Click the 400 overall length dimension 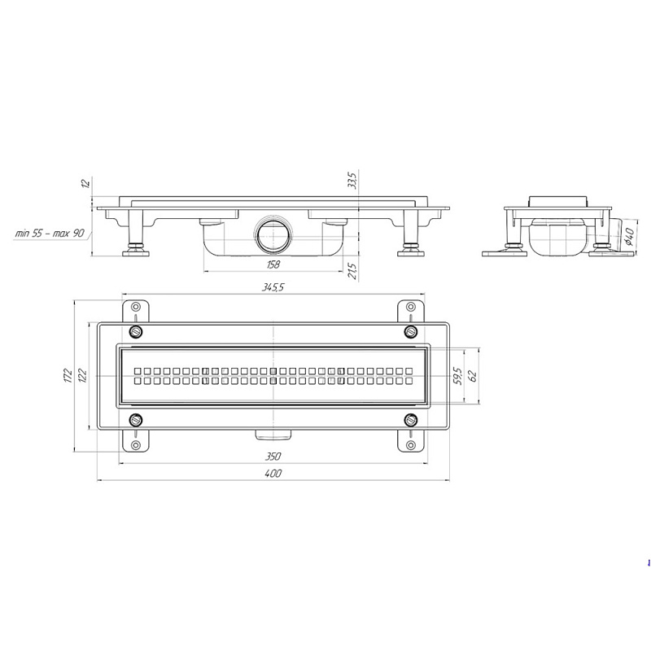pyautogui.click(x=273, y=474)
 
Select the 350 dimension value pyautogui.click(x=273, y=457)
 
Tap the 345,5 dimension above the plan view pyautogui.click(x=273, y=287)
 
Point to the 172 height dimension pyautogui.click(x=68, y=375)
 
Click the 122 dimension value pyautogui.click(x=83, y=375)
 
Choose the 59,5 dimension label pyautogui.click(x=458, y=375)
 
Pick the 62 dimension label pyautogui.click(x=473, y=375)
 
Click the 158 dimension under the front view pyautogui.click(x=273, y=264)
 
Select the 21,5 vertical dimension pyautogui.click(x=352, y=270)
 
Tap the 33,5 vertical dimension pyautogui.click(x=352, y=179)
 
